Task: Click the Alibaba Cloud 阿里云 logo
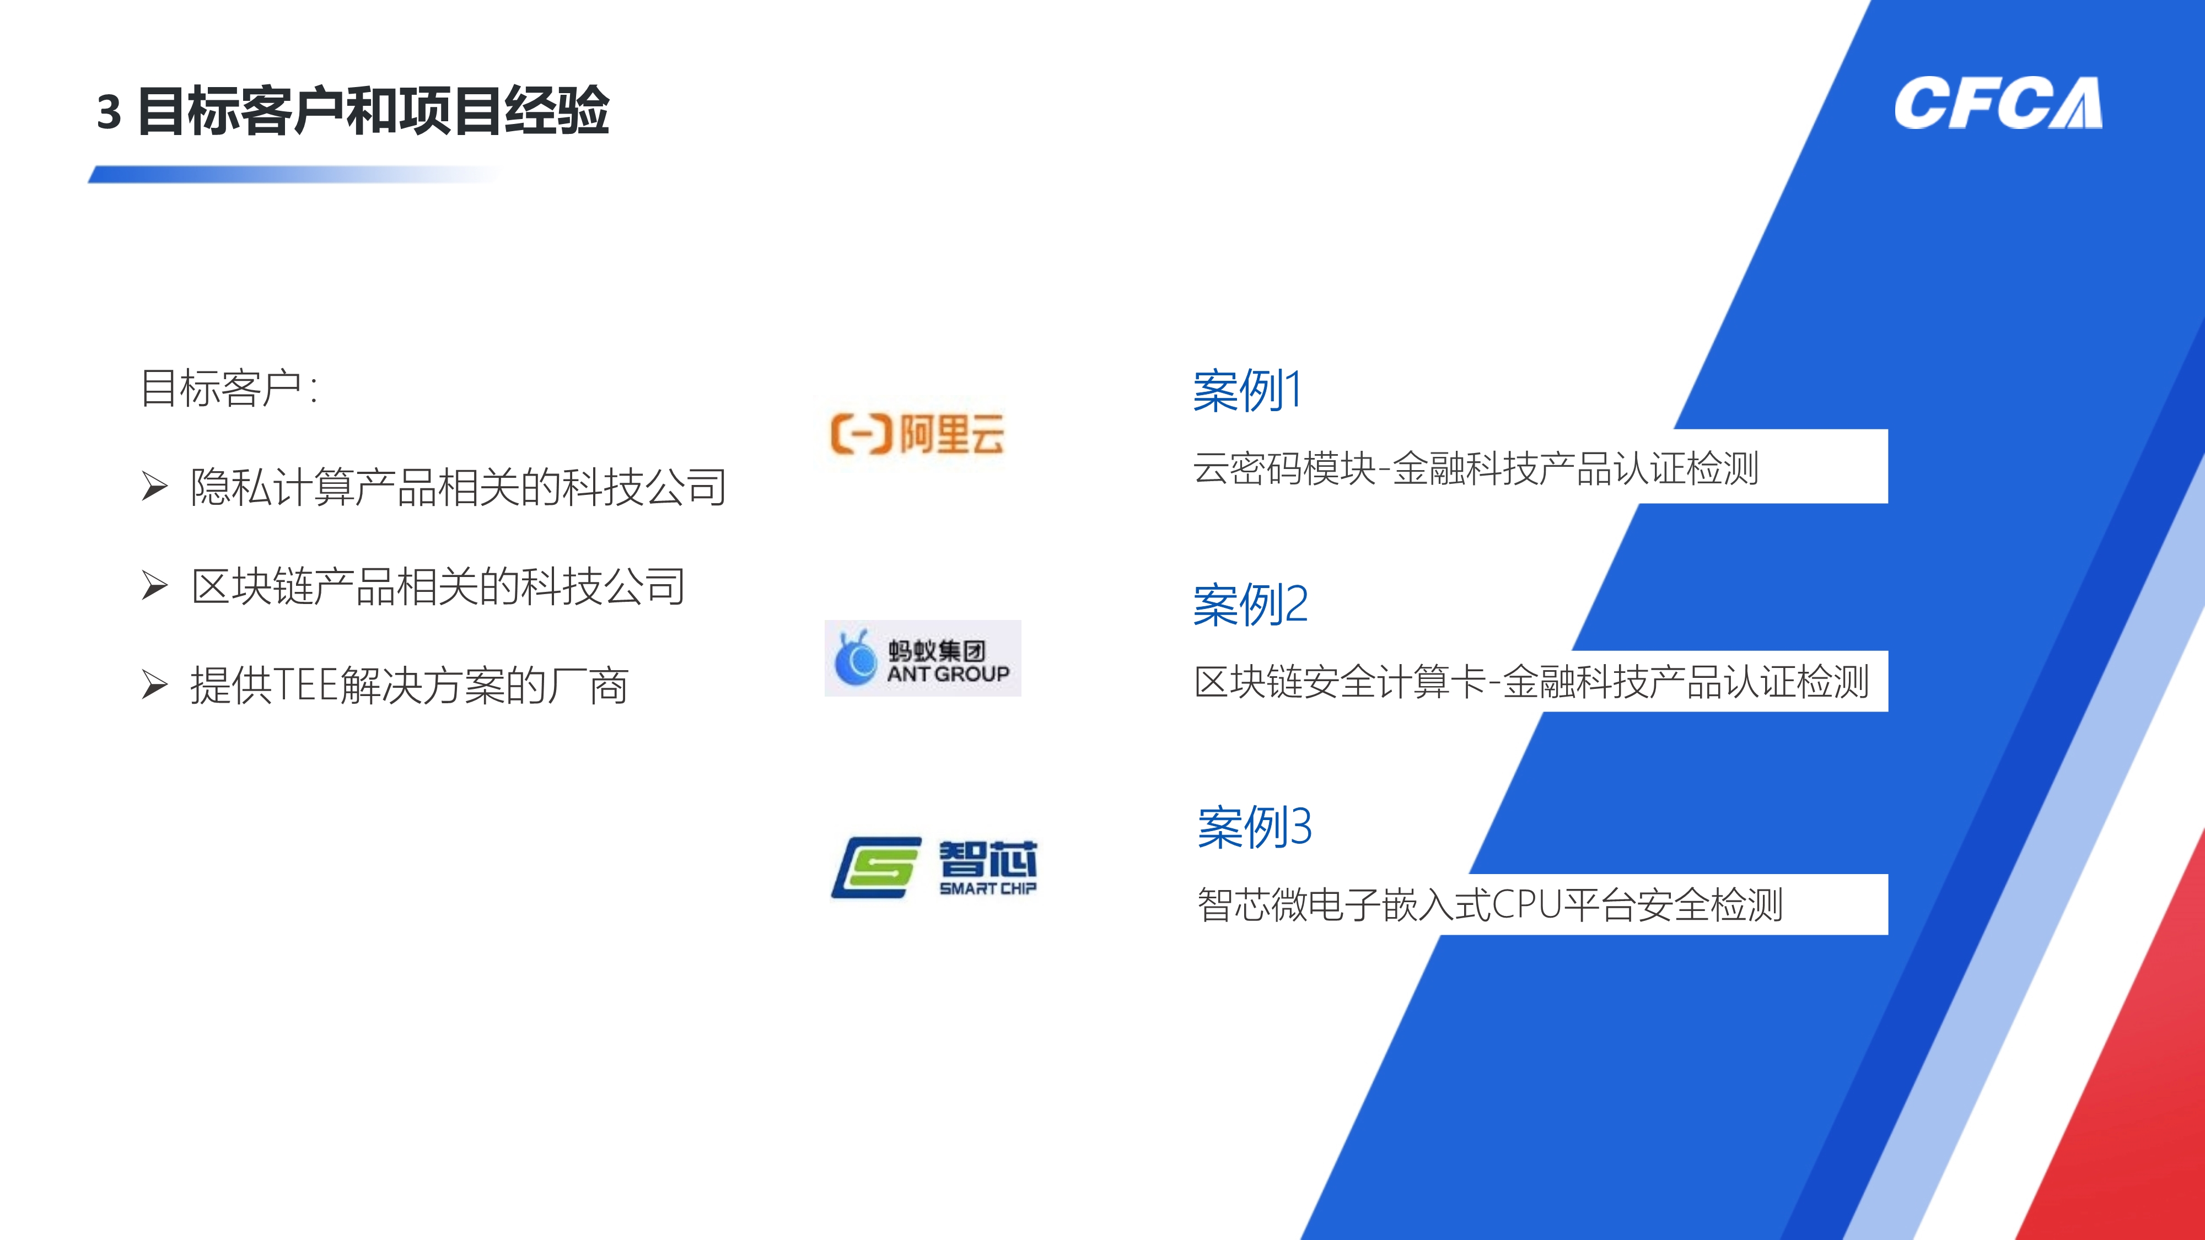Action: tap(917, 434)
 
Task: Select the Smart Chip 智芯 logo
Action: tap(934, 868)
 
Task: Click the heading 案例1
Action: tap(1247, 391)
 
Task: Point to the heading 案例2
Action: tap(1251, 605)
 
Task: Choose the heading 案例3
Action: tap(1255, 828)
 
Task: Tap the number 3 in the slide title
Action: tap(109, 112)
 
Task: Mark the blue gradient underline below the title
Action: tap(294, 175)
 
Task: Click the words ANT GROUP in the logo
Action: tap(948, 675)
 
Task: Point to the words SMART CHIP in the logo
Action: tap(988, 888)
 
